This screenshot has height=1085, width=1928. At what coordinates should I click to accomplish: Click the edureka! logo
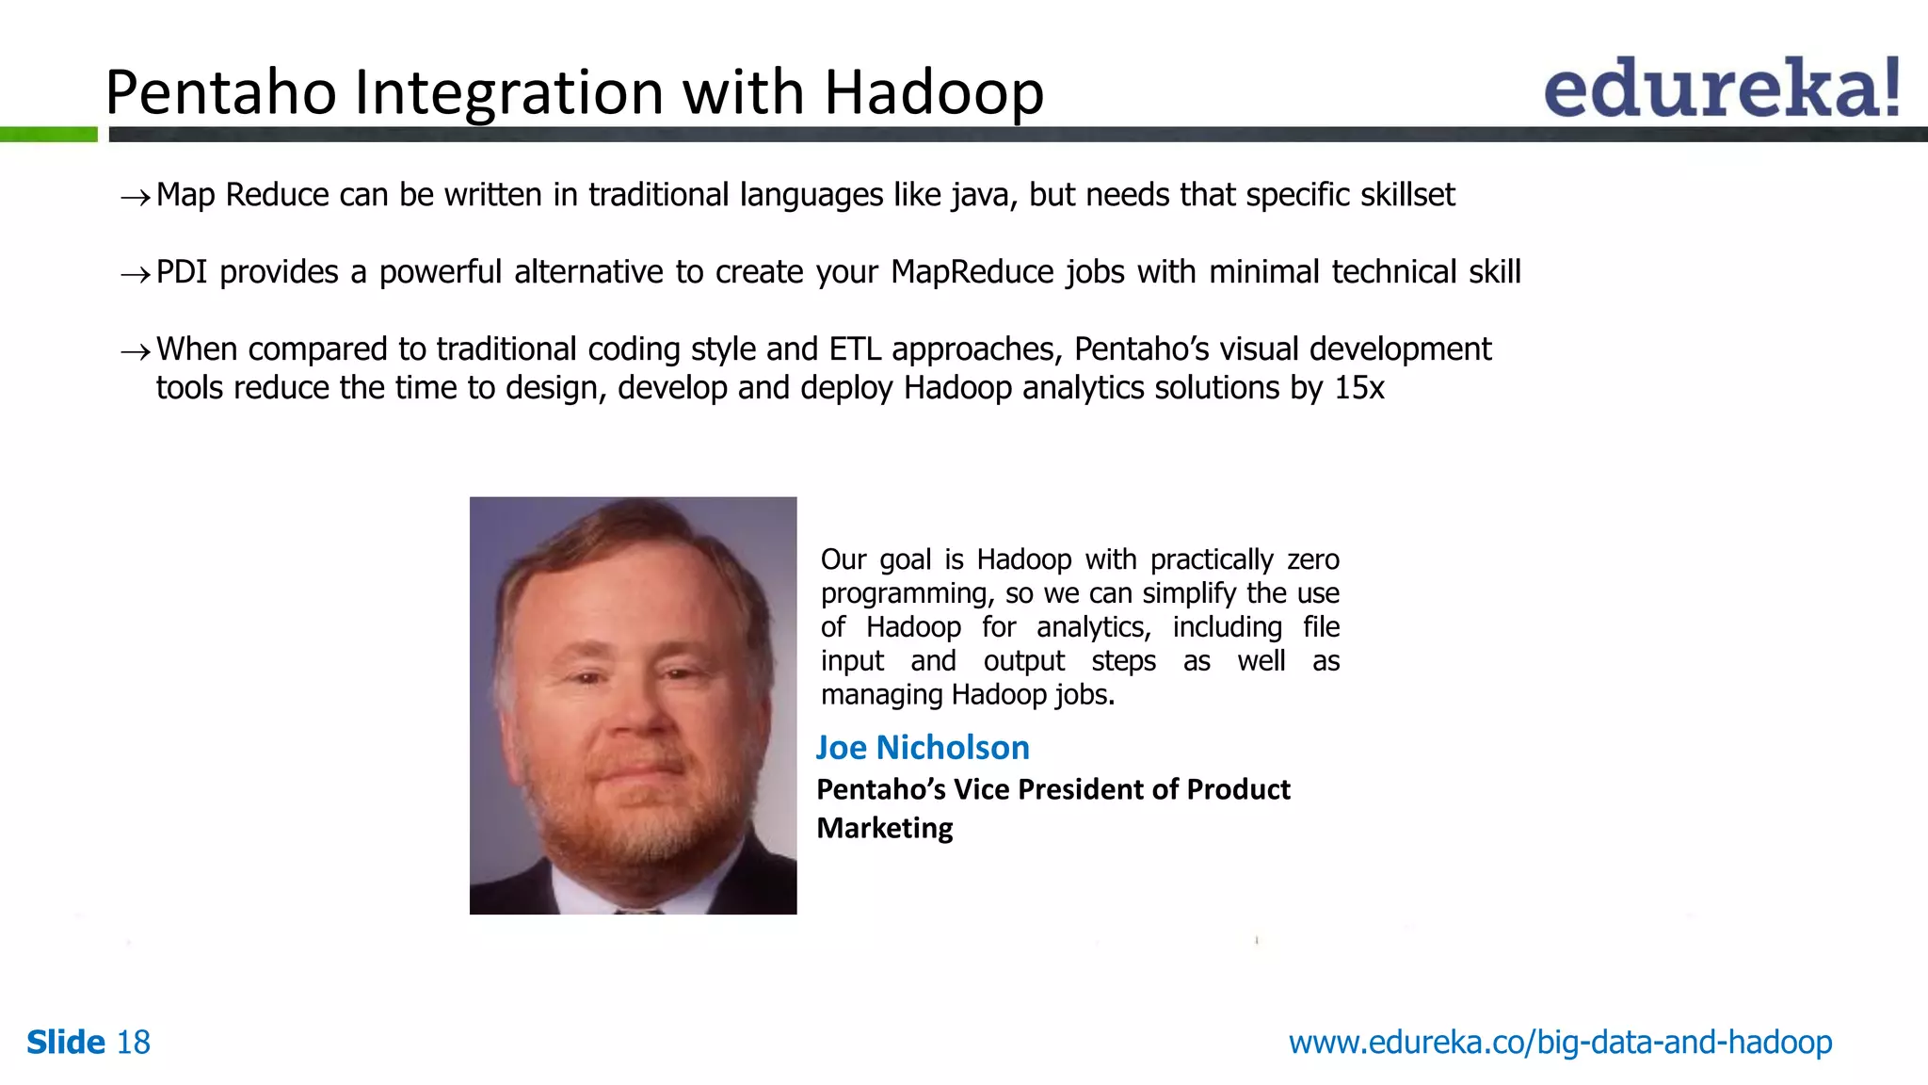tap(1721, 88)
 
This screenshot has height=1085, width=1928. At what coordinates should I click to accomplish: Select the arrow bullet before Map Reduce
tap(135, 197)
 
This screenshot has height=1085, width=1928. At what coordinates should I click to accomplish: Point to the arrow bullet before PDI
tap(135, 274)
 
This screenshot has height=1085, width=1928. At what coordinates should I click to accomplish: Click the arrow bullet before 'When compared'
tap(135, 351)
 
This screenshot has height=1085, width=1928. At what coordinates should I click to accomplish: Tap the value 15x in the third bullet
tap(1358, 388)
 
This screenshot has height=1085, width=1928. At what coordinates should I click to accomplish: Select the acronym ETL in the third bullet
tap(855, 349)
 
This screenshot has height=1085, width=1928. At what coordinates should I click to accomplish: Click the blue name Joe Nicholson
tap(923, 747)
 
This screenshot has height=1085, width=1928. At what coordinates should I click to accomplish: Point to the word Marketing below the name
tap(885, 828)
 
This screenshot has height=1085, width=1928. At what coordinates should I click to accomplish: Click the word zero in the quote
tap(1312, 559)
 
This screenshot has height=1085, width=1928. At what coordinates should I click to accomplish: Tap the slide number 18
tap(133, 1043)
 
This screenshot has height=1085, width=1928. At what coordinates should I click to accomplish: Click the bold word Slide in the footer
tap(66, 1043)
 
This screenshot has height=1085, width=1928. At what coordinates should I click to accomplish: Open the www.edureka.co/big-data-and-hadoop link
tap(1560, 1043)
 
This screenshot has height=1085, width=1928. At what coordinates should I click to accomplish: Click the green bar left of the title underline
tap(48, 135)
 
